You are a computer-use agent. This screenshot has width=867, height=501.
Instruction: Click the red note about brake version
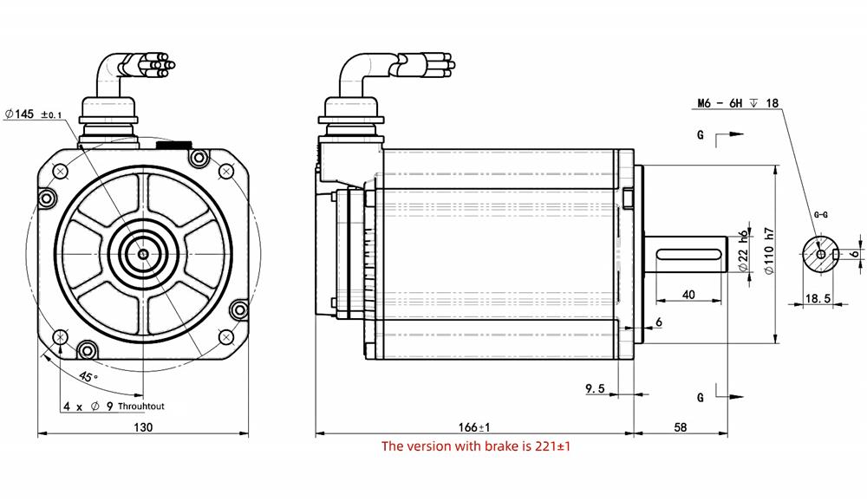[475, 446]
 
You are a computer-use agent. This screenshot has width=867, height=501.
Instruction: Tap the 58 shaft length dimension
[680, 427]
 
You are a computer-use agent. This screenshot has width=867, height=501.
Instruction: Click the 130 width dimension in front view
[143, 427]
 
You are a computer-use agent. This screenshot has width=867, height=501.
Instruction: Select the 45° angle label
[88, 377]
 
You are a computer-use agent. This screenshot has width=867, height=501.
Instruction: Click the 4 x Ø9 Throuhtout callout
[113, 406]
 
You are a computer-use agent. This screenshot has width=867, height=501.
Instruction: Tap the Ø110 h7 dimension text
[768, 251]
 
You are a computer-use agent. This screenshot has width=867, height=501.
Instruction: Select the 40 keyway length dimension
[688, 295]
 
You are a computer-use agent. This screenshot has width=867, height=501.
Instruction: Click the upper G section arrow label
[701, 135]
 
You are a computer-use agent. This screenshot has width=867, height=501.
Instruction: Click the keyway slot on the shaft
[688, 254]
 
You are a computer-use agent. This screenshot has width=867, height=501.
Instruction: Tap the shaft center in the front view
[143, 254]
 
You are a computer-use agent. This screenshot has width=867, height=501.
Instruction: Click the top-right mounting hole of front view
[229, 171]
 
